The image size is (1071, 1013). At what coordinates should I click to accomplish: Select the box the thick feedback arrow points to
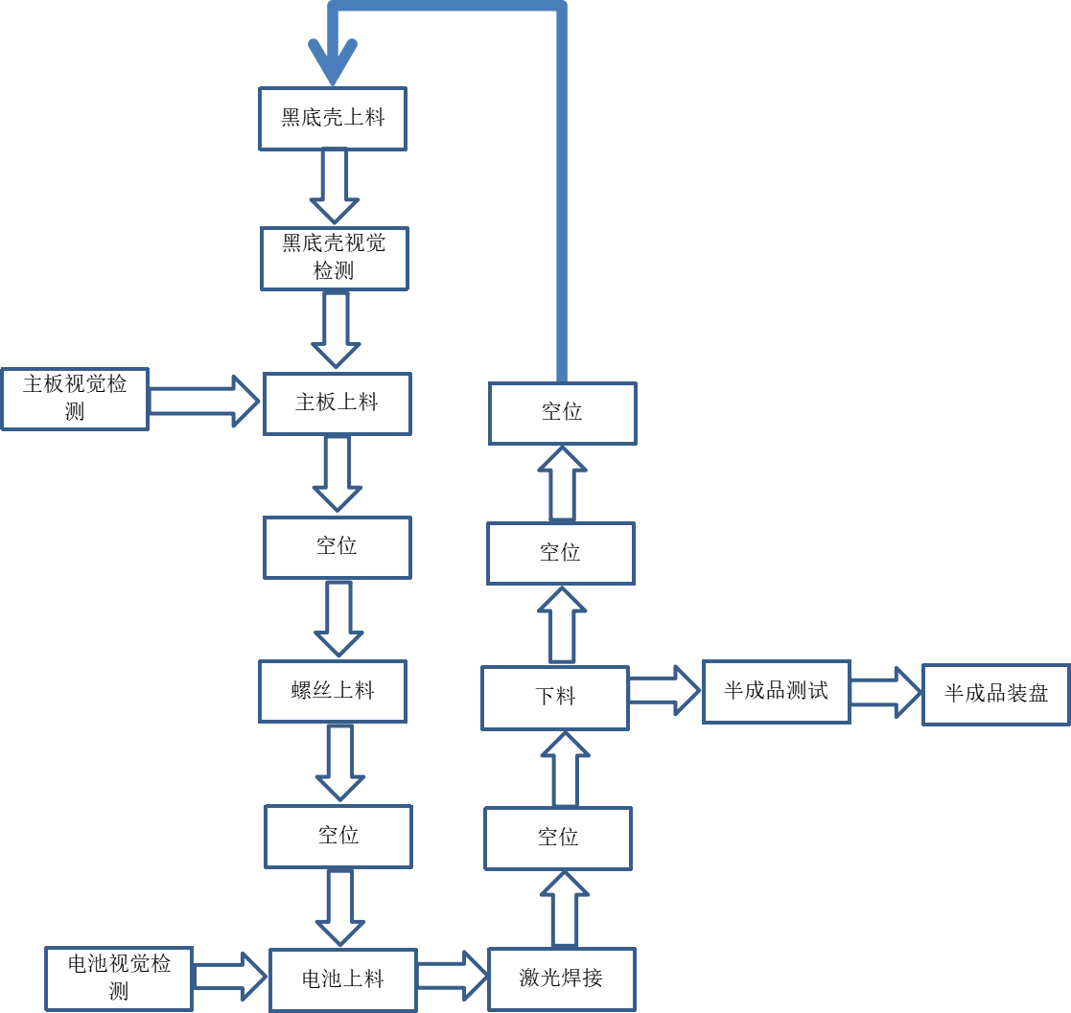[333, 119]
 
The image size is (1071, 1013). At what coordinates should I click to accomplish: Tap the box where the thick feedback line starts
[563, 413]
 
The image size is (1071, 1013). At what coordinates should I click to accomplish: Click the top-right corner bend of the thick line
[561, 7]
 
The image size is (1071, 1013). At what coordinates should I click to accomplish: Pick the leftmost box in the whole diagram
[75, 399]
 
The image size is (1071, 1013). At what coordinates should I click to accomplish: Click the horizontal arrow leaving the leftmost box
[203, 401]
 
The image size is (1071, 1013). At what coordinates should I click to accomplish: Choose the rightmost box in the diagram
[995, 694]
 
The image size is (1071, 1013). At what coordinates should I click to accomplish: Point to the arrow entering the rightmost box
[884, 692]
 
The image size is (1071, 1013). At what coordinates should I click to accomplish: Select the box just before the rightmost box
[776, 691]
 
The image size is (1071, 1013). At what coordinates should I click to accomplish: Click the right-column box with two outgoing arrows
[555, 698]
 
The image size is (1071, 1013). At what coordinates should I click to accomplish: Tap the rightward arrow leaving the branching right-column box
[664, 690]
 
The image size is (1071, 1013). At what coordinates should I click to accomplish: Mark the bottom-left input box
[119, 978]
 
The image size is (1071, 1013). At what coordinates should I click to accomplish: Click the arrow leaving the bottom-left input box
[229, 978]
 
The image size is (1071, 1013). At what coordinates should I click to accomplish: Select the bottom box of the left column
[343, 979]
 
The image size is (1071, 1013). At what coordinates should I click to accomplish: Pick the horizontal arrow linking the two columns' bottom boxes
[452, 977]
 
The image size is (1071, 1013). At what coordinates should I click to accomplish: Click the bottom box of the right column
[562, 978]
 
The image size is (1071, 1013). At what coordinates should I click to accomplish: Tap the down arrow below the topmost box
[334, 187]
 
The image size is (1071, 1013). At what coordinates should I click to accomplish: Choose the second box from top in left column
[335, 259]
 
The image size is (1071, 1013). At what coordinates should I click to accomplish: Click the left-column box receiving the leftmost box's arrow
[338, 403]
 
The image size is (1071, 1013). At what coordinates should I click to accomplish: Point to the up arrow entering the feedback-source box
[563, 484]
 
